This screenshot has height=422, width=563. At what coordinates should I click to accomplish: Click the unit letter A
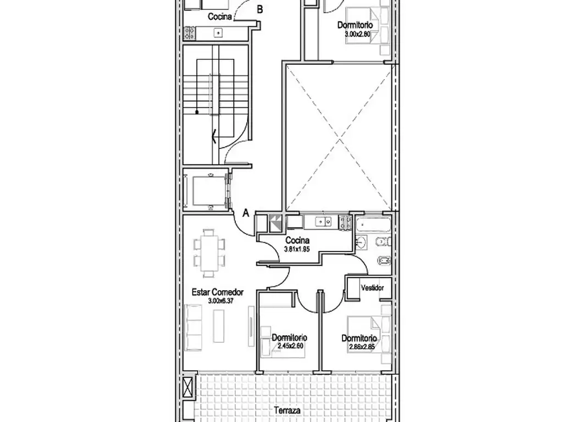click(246, 213)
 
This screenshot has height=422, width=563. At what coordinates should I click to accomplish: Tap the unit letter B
click(260, 10)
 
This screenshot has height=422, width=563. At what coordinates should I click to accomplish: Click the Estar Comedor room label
click(218, 292)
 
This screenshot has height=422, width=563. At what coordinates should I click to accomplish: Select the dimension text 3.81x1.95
click(296, 249)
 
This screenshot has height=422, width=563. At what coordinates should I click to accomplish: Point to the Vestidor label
click(372, 288)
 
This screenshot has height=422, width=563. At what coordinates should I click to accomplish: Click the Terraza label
click(287, 410)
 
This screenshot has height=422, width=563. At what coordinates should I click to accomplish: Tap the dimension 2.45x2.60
click(290, 346)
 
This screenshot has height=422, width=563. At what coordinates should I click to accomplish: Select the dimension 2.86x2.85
click(362, 347)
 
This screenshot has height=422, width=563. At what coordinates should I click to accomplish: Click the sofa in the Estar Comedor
click(193, 327)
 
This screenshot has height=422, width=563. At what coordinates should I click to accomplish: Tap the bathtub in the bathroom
click(373, 225)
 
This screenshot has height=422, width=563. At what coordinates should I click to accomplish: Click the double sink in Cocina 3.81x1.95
click(323, 222)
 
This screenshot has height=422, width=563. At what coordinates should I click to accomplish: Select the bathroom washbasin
click(361, 243)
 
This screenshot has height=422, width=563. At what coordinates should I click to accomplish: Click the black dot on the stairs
click(197, 112)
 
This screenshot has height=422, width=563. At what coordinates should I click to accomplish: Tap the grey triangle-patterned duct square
click(276, 223)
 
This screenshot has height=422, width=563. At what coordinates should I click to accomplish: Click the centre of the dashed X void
click(339, 138)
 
